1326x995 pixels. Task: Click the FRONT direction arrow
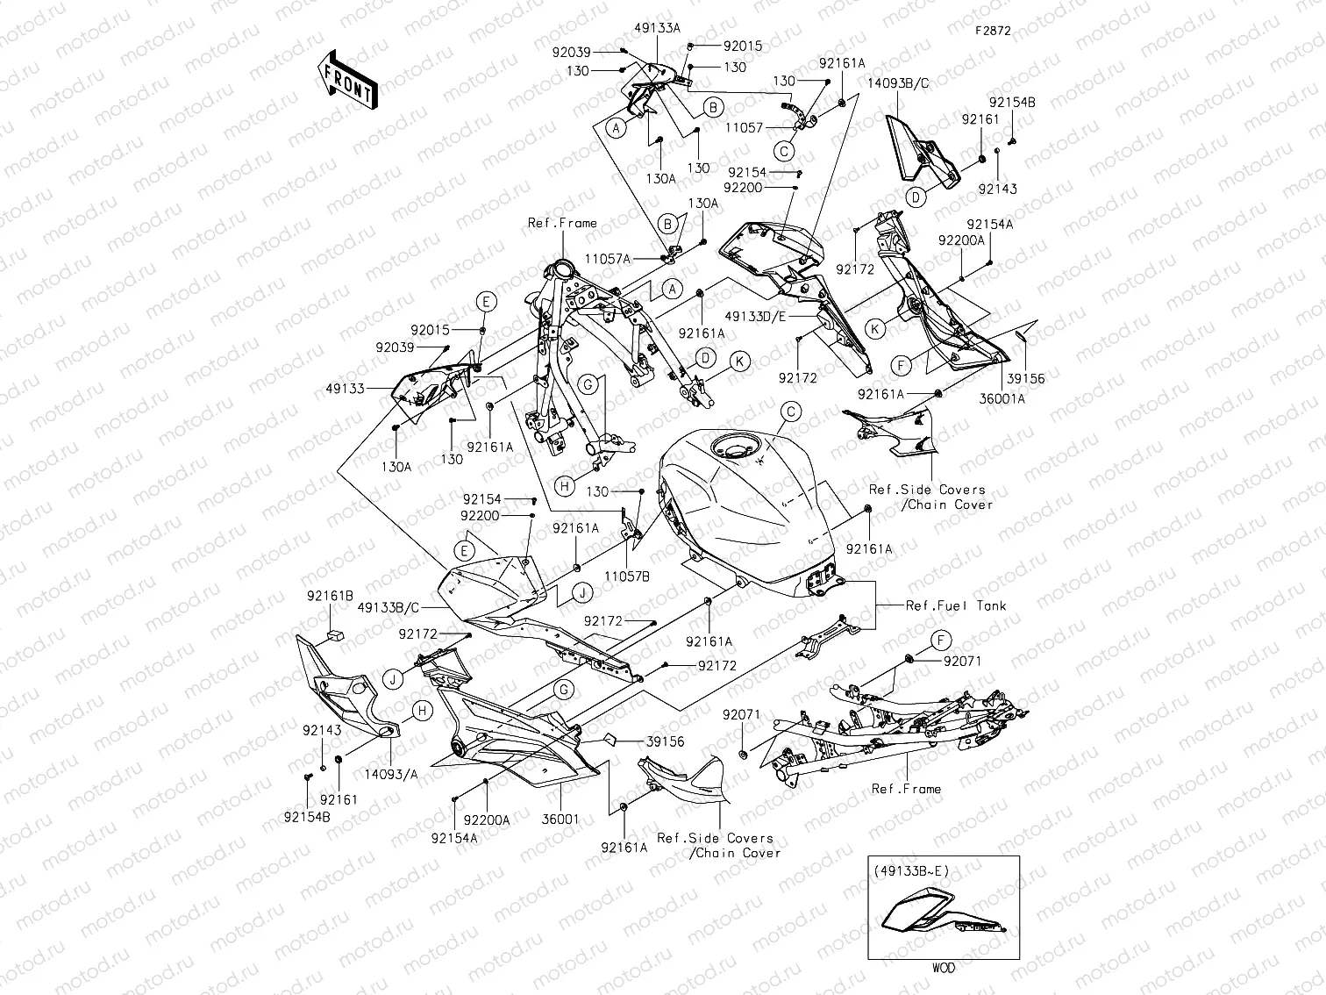[x=348, y=80]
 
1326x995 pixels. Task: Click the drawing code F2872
[x=993, y=30]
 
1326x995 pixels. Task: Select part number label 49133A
[x=659, y=28]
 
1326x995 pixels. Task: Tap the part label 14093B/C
[x=898, y=82]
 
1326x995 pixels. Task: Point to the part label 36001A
[x=1003, y=397]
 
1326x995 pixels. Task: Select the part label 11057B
[x=627, y=576]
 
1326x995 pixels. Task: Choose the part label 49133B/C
[x=389, y=606]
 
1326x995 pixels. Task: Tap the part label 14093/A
[x=391, y=775]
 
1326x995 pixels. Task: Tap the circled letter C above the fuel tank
[x=790, y=411]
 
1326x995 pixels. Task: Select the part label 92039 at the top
[x=572, y=52]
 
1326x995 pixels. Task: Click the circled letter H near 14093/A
[x=421, y=711]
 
